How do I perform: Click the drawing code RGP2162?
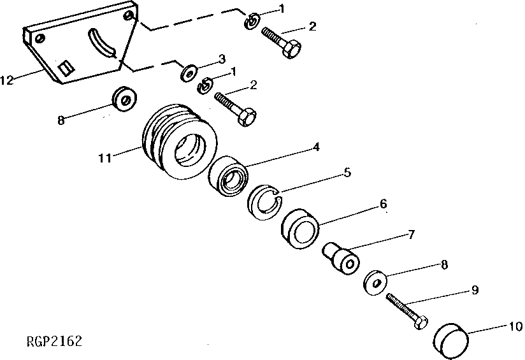pyautogui.click(x=55, y=342)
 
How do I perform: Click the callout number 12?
pyautogui.click(x=7, y=80)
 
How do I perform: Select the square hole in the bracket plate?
pyautogui.click(x=64, y=66)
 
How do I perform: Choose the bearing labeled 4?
pyautogui.click(x=229, y=177)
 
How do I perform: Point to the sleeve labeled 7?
pyautogui.click(x=342, y=256)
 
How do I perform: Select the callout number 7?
pyautogui.click(x=411, y=234)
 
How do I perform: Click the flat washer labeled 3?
pyautogui.click(x=188, y=73)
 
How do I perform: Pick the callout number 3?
pyautogui.click(x=221, y=59)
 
